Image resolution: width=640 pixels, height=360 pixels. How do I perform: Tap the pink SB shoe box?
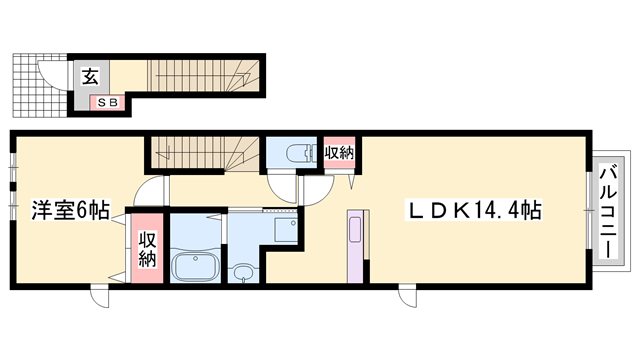pyautogui.click(x=104, y=101)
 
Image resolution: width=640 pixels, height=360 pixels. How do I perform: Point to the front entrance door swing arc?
pyautogui.click(x=50, y=75)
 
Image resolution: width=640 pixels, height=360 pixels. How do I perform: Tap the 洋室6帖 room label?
pyautogui.click(x=69, y=211)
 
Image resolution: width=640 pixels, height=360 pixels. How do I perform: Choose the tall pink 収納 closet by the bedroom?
pyautogui.click(x=147, y=248)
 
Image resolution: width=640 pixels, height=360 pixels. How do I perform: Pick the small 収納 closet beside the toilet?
pyautogui.click(x=339, y=153)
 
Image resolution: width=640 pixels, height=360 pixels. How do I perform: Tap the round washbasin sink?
pyautogui.click(x=243, y=271)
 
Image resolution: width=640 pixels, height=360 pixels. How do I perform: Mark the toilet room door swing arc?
pyautogui.click(x=285, y=184)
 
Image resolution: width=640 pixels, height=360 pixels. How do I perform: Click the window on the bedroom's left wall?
pyautogui.click(x=12, y=185)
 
